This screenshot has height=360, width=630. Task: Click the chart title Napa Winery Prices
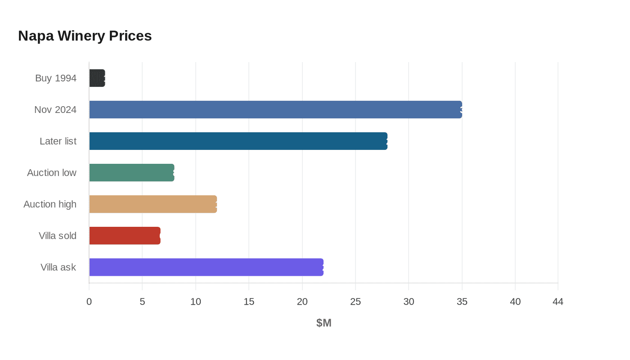[x=85, y=36]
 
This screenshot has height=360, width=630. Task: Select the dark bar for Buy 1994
[x=97, y=78]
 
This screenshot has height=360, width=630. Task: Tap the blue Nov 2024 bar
[x=275, y=110]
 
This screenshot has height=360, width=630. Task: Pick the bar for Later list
[x=238, y=141]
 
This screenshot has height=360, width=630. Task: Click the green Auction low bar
[x=131, y=173]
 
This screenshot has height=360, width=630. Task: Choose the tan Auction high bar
[x=153, y=204]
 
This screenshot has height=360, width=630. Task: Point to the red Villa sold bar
[x=125, y=236]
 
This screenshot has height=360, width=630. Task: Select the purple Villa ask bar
[x=206, y=267]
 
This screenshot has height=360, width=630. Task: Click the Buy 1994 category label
[x=56, y=78]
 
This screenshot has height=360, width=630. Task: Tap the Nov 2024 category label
[x=55, y=110]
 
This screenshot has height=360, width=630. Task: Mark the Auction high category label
[x=50, y=204]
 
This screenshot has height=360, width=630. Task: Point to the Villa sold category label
[x=58, y=236]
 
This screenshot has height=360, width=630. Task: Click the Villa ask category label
[x=58, y=267]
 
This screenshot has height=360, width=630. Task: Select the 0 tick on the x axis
[x=89, y=302]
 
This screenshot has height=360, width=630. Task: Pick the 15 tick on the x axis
[x=249, y=302]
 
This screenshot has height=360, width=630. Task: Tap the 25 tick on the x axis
[x=355, y=302]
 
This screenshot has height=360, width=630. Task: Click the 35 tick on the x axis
[x=462, y=302]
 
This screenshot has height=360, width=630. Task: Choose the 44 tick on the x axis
[x=558, y=302]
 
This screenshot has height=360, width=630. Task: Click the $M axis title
[x=324, y=323]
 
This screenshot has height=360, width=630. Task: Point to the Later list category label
[x=58, y=141]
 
